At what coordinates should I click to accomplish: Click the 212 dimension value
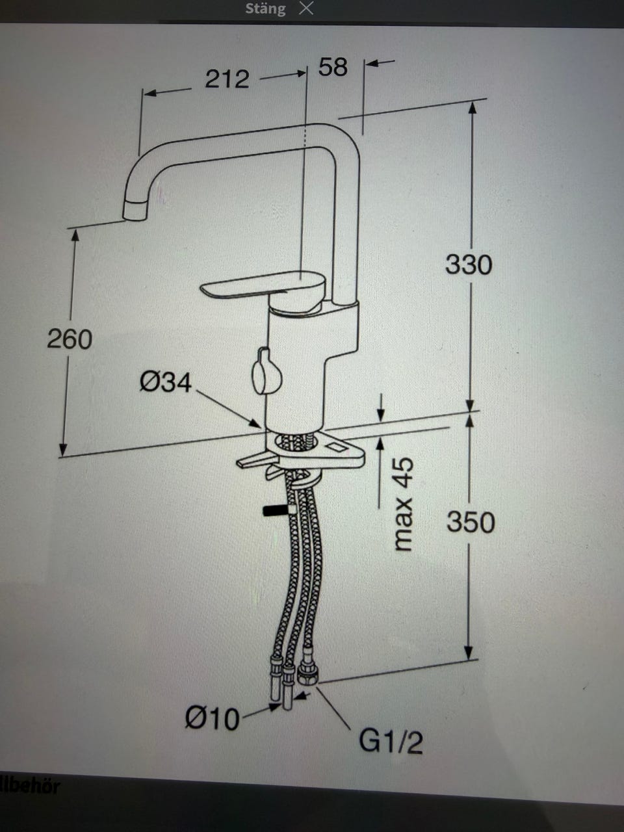point(227,79)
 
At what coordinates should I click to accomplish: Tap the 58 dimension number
point(333,67)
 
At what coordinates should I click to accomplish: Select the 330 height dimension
point(469,265)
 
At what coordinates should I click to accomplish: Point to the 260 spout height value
point(70,339)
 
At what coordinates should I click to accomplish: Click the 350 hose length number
point(471,522)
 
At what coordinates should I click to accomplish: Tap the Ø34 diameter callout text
point(166,382)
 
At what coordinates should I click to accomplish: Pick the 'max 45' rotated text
point(403,503)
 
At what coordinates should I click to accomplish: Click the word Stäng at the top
point(265,8)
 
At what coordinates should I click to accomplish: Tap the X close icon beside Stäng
point(306,8)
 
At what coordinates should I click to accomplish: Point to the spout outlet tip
point(135,211)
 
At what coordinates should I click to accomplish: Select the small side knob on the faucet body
point(266,371)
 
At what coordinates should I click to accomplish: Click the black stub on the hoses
point(275,510)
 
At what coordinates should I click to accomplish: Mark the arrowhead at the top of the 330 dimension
point(472,109)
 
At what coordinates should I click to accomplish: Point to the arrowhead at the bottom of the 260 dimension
point(64,450)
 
